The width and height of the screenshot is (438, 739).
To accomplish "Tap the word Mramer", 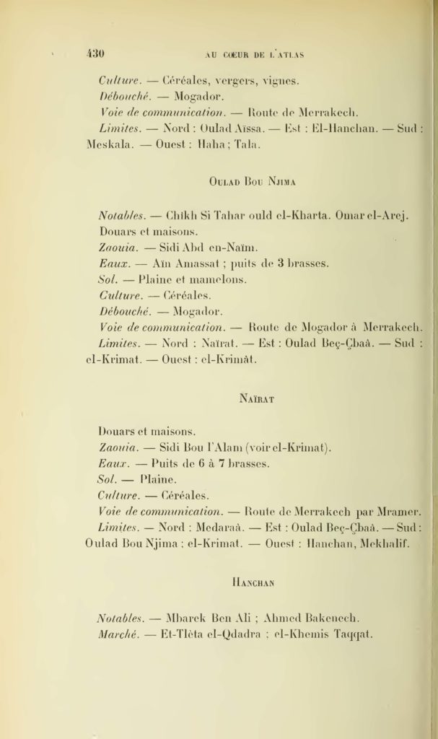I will click(398, 512).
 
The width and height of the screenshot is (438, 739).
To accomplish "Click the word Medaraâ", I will click(216, 528).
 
